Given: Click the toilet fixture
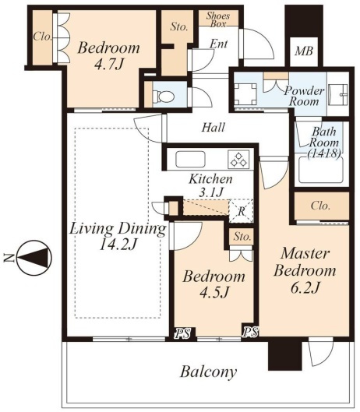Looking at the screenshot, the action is (x=164, y=96).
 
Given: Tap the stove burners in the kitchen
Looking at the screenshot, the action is (x=238, y=160).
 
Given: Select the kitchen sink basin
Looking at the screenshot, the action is (x=190, y=159).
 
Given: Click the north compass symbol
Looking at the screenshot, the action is (x=34, y=258).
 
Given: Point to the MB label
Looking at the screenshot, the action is (x=304, y=51).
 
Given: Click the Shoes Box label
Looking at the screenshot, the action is (x=218, y=19).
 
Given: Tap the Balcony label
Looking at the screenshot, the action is (x=208, y=372).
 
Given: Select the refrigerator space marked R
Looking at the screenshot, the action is (x=241, y=211).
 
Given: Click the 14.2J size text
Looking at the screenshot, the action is (x=118, y=245).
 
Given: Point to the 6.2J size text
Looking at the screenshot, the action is (x=305, y=287).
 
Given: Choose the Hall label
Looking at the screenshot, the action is (x=214, y=128).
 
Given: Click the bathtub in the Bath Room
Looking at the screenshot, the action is (x=321, y=170).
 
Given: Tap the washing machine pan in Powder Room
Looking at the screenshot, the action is (x=245, y=93).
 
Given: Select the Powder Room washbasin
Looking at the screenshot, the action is (x=338, y=94).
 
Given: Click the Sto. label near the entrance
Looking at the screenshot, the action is (x=178, y=26).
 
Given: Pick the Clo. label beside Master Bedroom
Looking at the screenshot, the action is (x=320, y=206).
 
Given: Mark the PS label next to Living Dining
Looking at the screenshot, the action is (x=183, y=333).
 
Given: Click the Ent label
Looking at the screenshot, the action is (x=218, y=44).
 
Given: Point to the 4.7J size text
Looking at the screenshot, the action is (x=108, y=64).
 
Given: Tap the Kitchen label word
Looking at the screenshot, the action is (x=210, y=179).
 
